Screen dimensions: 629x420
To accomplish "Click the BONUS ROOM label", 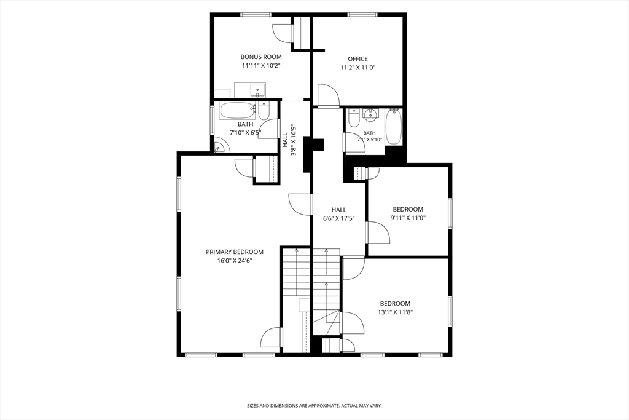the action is coord(260,57).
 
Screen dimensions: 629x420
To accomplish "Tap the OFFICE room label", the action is coord(357,59).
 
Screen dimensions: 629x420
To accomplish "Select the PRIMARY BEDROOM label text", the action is coord(235,252).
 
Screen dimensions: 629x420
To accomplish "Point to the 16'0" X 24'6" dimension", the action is coord(235,261).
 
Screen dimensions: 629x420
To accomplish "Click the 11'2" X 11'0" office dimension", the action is coord(357,68).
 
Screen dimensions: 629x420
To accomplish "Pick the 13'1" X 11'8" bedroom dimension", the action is coord(395,312).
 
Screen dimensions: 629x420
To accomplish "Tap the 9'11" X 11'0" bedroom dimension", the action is coord(408,218).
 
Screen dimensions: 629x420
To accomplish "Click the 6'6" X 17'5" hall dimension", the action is coord(339,218).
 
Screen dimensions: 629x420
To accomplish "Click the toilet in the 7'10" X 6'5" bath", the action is coord(264,111).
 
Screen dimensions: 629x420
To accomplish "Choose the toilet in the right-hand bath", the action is coord(354,118).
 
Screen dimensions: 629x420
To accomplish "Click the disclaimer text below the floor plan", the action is coord(314,406).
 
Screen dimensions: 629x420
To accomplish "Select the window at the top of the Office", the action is coord(362,15).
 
